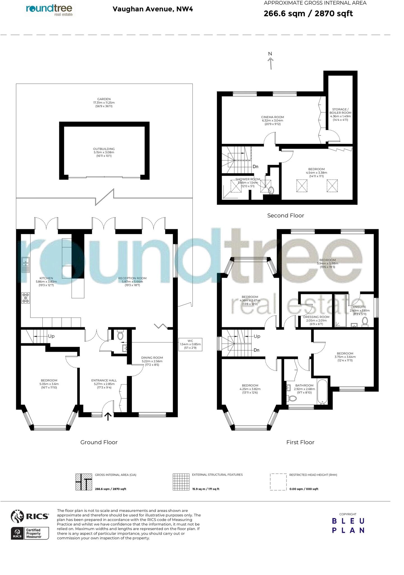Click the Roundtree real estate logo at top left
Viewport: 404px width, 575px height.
tap(49, 10)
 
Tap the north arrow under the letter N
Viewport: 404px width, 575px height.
tap(271, 63)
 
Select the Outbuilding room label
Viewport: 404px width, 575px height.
tap(104, 152)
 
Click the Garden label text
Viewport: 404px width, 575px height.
tap(104, 102)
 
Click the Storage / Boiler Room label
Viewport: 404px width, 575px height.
tap(340, 115)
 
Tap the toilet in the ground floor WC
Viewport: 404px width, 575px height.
tap(120, 335)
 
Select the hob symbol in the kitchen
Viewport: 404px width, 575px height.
tap(26, 298)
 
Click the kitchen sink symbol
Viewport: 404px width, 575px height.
tap(26, 264)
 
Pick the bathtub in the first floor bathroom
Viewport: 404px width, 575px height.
tap(322, 392)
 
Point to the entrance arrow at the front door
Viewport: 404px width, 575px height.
tap(108, 416)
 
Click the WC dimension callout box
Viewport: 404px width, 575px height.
tap(190, 344)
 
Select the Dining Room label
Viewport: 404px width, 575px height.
tap(152, 359)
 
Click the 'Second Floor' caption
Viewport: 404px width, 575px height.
tap(285, 215)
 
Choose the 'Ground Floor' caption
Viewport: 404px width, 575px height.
tap(99, 442)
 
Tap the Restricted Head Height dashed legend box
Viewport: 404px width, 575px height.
tap(278, 482)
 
